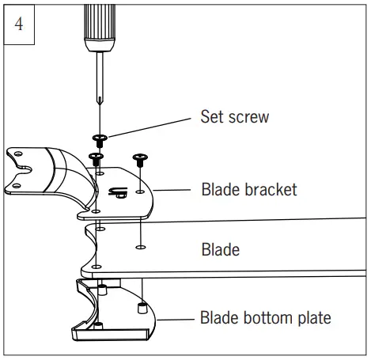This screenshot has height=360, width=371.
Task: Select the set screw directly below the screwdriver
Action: point(99,140)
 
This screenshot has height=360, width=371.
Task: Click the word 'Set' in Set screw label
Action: point(214,117)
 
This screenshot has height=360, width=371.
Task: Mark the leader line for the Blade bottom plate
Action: point(175,320)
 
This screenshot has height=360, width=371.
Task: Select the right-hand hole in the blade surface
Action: point(139,248)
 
